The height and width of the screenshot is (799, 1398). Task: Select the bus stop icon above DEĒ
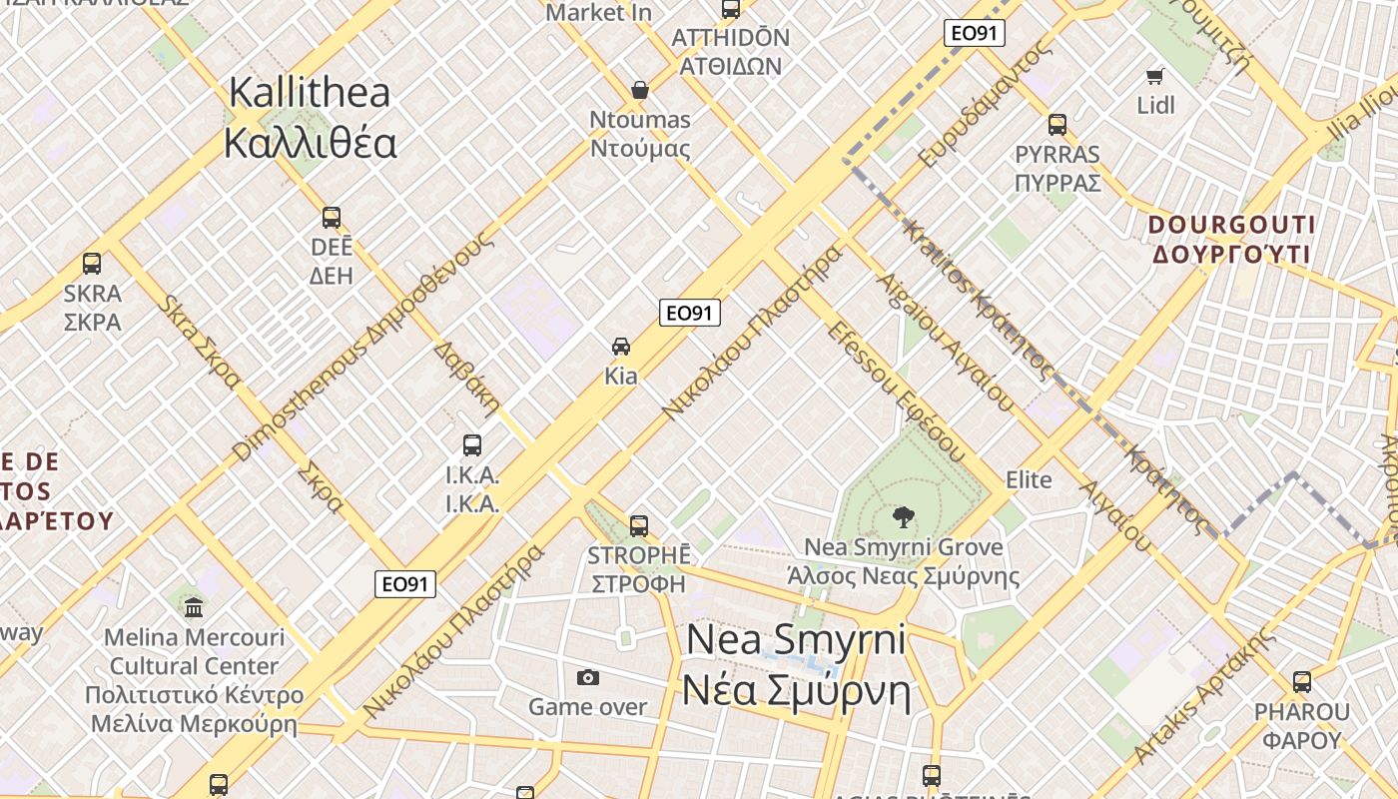click(332, 218)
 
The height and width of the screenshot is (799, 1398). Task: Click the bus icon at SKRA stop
click(92, 264)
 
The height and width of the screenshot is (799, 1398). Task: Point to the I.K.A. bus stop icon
click(472, 445)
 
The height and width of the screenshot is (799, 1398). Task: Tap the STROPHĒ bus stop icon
click(639, 525)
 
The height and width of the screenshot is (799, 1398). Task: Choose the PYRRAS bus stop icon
click(1057, 125)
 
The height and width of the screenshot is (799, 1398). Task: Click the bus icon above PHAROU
click(1302, 682)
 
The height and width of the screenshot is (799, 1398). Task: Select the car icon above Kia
click(621, 347)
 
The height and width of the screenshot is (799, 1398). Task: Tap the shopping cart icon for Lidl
click(1155, 76)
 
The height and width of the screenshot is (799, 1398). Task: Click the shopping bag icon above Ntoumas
click(640, 90)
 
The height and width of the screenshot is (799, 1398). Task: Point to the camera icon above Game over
click(588, 678)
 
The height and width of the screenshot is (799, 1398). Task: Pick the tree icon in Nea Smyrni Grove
click(903, 516)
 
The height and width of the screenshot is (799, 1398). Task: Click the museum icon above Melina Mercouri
click(194, 607)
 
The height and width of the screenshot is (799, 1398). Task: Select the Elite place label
click(1029, 480)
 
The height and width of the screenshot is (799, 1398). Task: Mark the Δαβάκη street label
click(466, 379)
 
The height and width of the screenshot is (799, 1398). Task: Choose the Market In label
click(598, 13)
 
